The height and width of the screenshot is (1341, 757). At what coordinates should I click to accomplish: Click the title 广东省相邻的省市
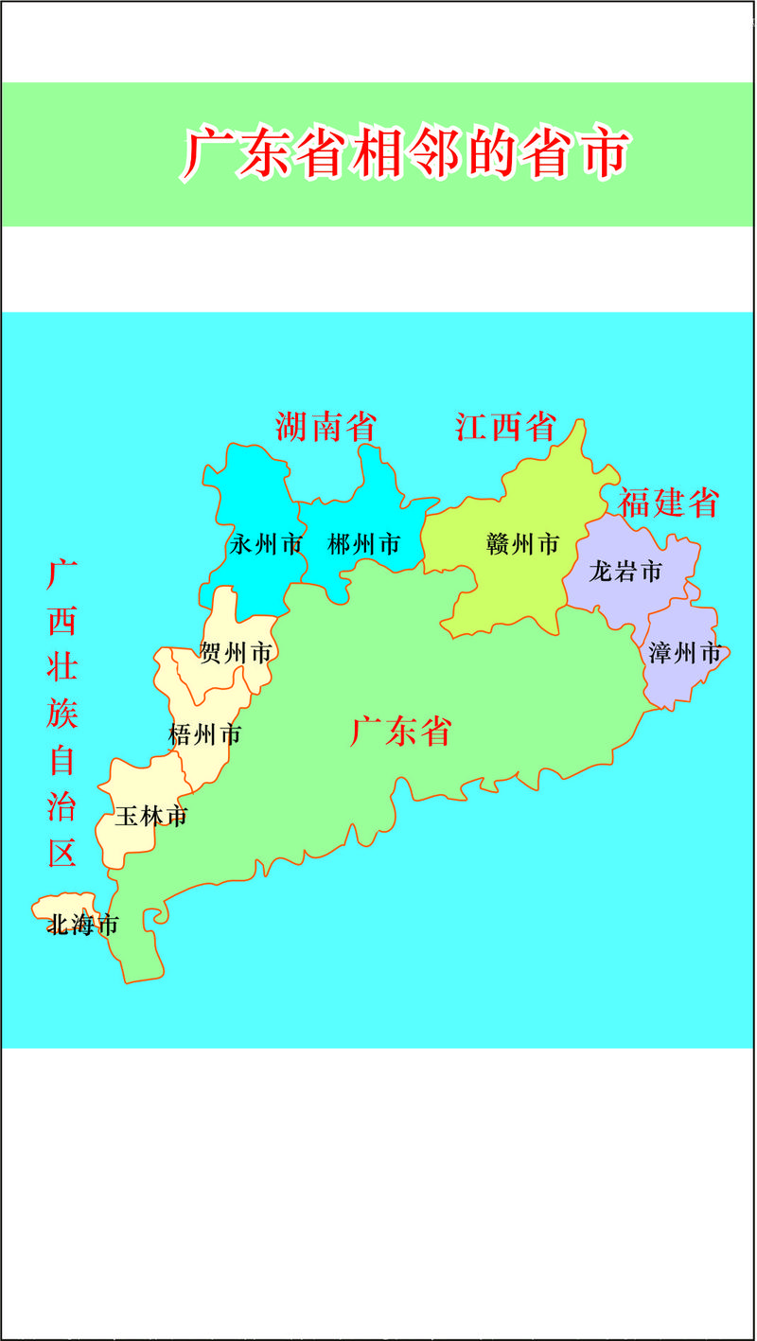pyautogui.click(x=406, y=153)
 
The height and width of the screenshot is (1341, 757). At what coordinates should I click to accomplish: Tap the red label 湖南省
pyautogui.click(x=326, y=427)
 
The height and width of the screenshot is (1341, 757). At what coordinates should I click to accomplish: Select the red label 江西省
pyautogui.click(x=504, y=427)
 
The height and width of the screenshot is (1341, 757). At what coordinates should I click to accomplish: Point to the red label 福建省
pyautogui.click(x=669, y=503)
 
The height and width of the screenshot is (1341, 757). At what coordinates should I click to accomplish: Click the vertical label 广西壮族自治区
pyautogui.click(x=62, y=715)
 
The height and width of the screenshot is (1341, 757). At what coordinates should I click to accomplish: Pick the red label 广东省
pyautogui.click(x=400, y=732)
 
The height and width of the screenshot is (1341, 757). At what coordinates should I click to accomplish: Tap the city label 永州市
pyautogui.click(x=266, y=545)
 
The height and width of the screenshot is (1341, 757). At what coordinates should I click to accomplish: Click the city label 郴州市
pyautogui.click(x=363, y=545)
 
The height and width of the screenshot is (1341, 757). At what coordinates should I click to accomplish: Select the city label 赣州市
pyautogui.click(x=522, y=545)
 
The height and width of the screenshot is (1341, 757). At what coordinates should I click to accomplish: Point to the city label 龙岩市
pyautogui.click(x=625, y=572)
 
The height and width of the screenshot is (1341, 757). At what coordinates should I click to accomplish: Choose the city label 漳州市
pyautogui.click(x=685, y=653)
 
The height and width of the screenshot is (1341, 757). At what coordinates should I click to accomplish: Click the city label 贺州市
pyautogui.click(x=236, y=653)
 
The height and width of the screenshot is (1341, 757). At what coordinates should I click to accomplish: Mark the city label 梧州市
pyautogui.click(x=204, y=734)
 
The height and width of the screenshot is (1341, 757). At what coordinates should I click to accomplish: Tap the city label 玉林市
pyautogui.click(x=150, y=816)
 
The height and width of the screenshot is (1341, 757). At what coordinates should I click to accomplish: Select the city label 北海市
pyautogui.click(x=83, y=925)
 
